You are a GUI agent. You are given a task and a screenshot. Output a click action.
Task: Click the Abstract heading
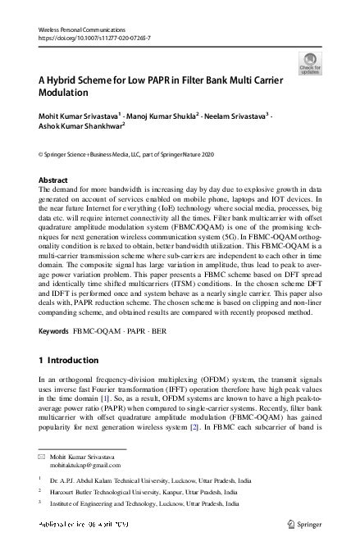pos(53,180)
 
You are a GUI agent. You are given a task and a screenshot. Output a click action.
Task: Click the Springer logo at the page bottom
pos(302,522)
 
